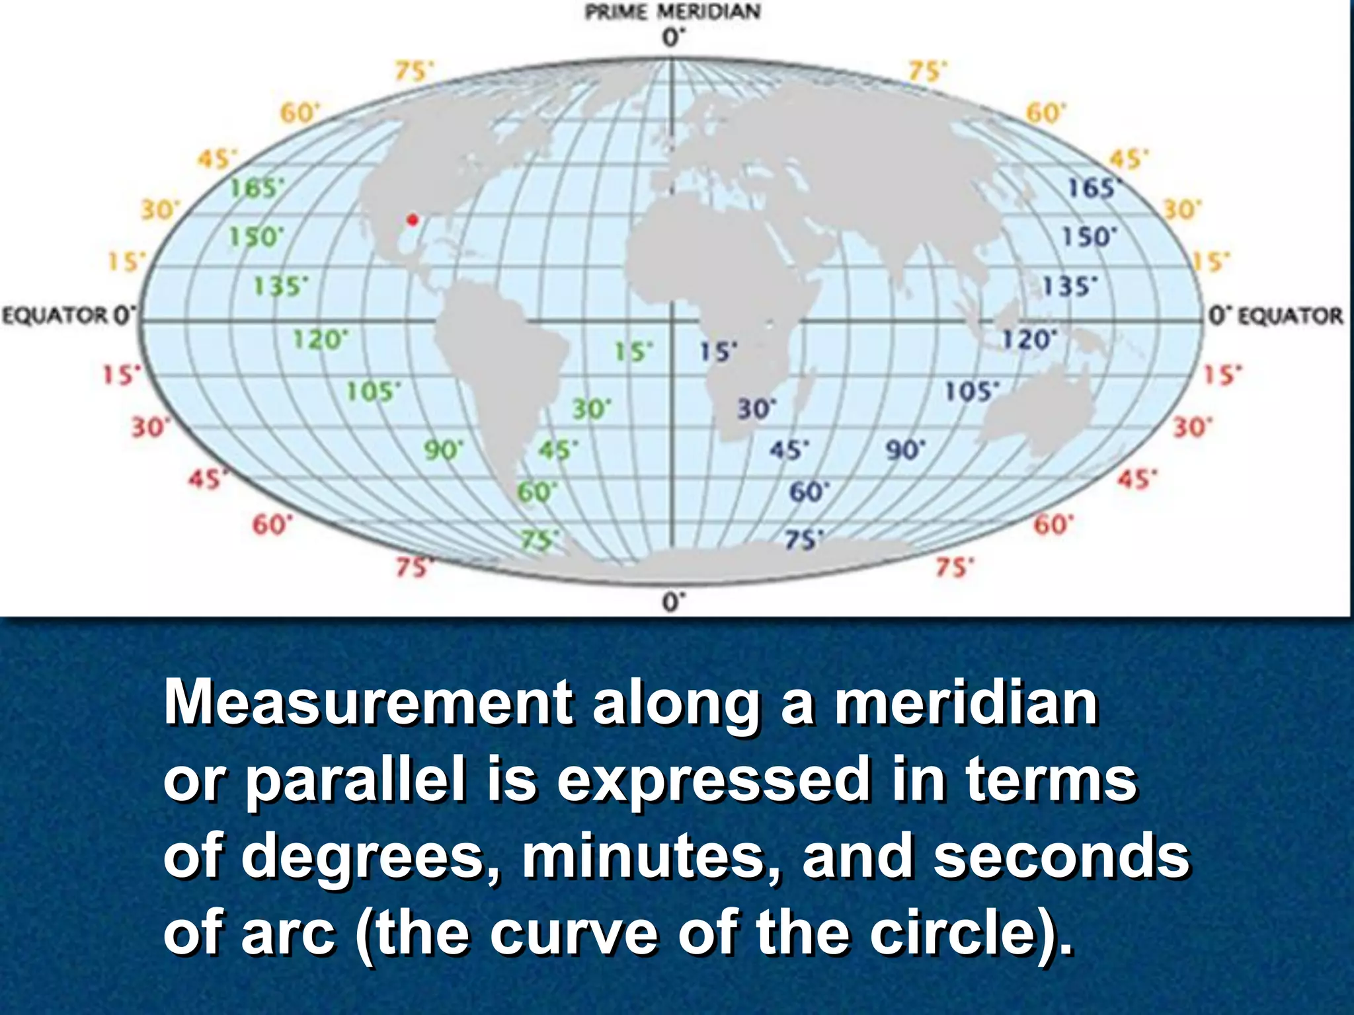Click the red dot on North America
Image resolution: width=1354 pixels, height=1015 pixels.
click(x=413, y=219)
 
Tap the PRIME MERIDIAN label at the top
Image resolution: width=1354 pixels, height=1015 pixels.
click(x=672, y=12)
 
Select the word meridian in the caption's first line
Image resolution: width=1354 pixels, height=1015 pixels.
click(x=966, y=703)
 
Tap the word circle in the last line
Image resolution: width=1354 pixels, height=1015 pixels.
click(x=959, y=933)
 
